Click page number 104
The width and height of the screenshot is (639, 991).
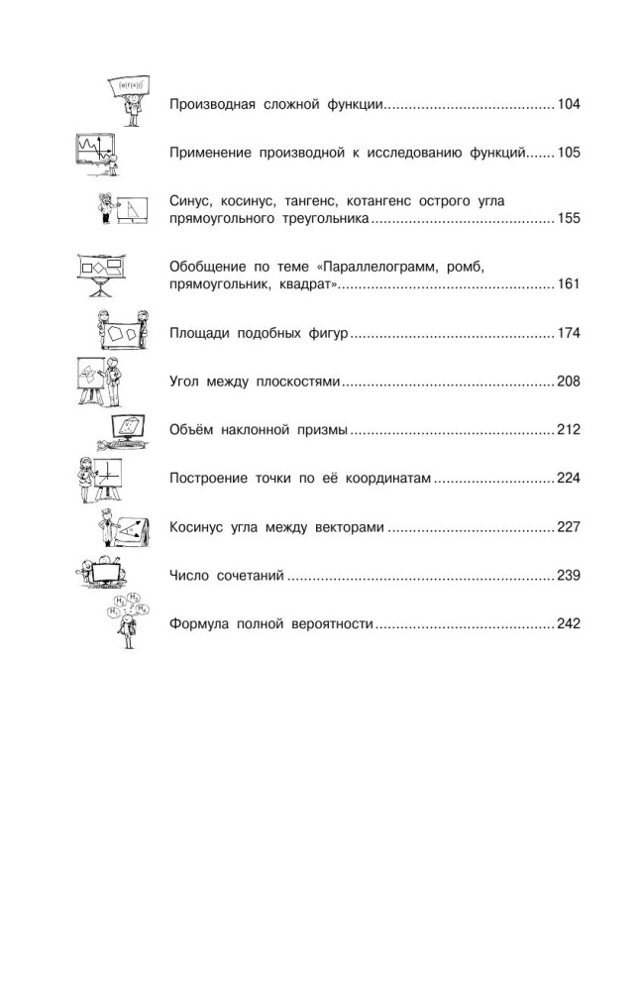(x=569, y=104)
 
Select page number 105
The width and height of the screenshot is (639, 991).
(x=569, y=153)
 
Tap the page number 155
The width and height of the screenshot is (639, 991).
(x=569, y=218)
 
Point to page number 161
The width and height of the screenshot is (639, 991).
(x=569, y=283)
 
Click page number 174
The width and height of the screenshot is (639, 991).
(x=569, y=332)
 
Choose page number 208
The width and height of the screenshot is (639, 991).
(x=569, y=382)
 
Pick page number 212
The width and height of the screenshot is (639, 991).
(x=569, y=430)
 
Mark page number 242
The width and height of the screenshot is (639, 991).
(x=569, y=623)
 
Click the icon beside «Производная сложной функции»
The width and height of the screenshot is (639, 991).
(x=130, y=101)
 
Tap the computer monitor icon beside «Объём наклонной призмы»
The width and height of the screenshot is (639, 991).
(x=123, y=432)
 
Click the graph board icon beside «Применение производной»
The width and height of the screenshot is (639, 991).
(x=97, y=155)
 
